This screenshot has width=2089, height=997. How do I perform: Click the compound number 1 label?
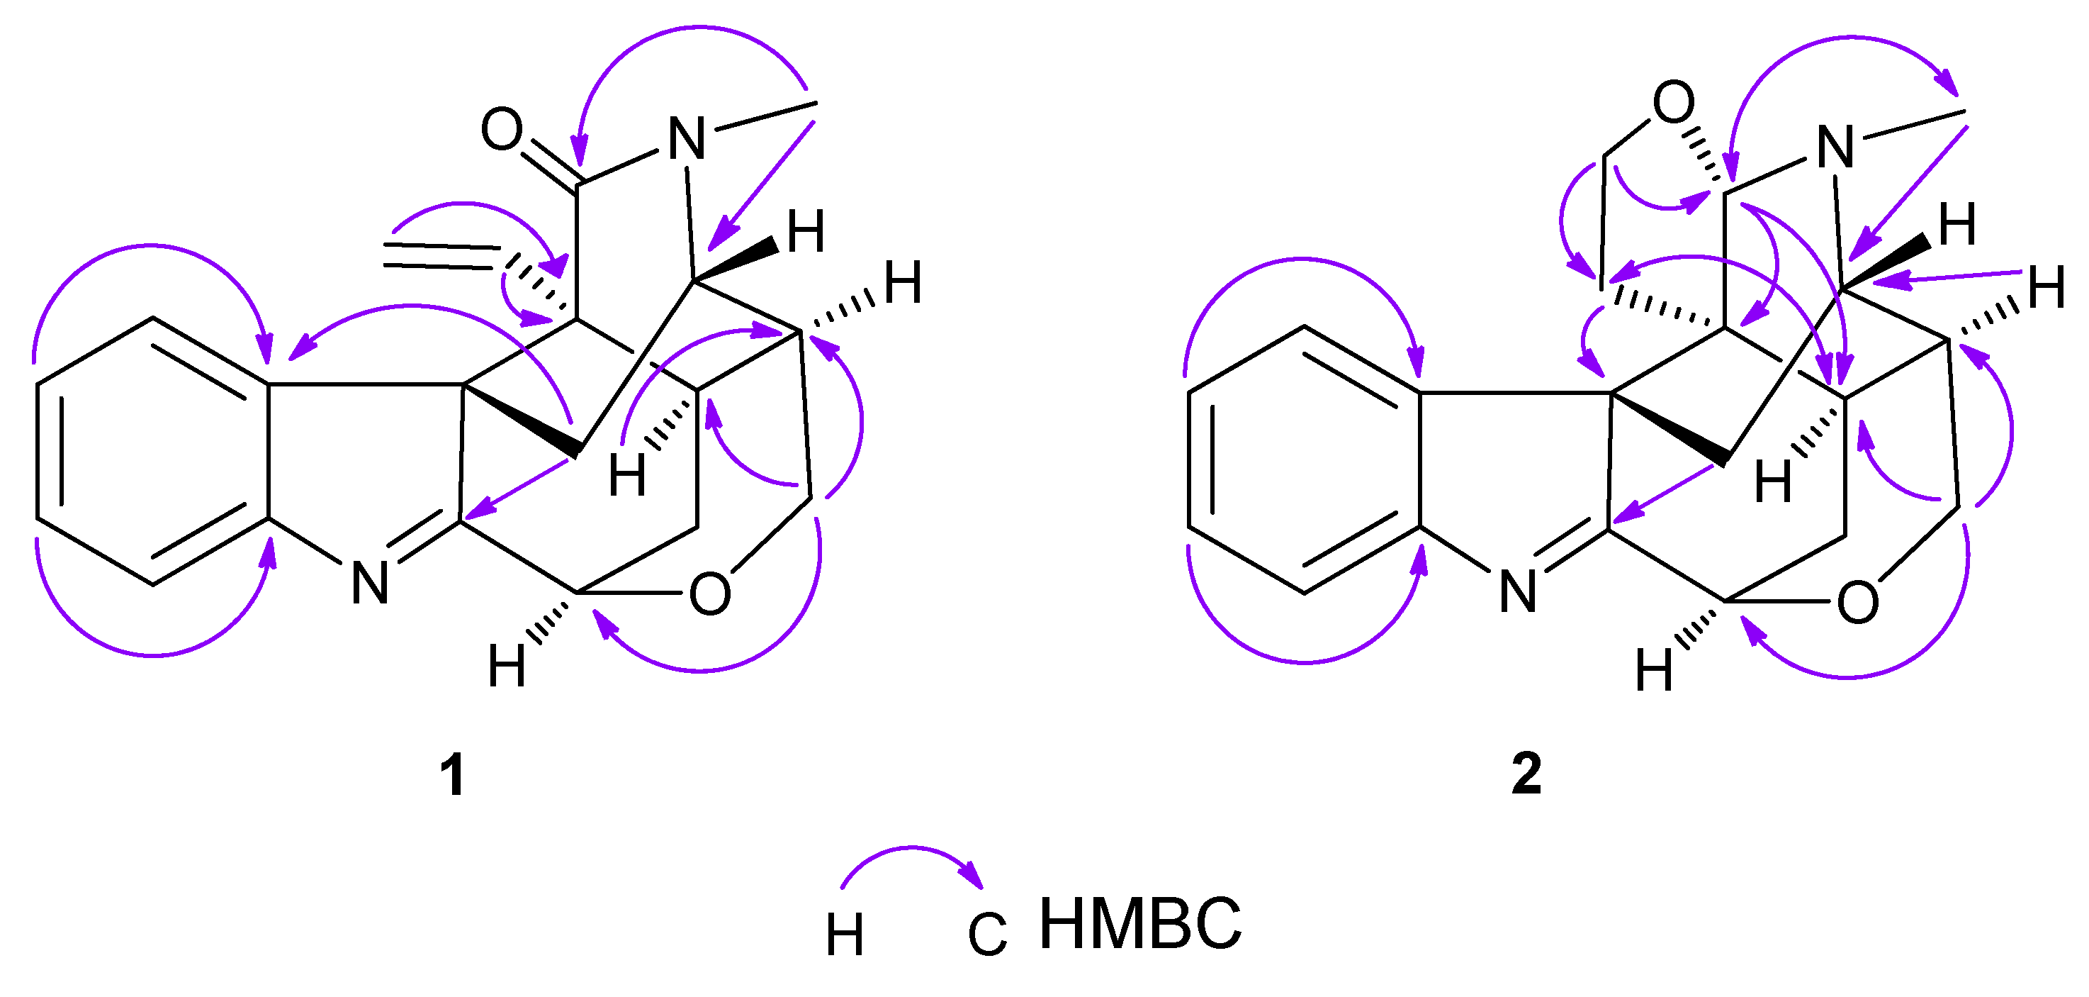click(451, 776)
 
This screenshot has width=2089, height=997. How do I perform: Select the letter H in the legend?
click(844, 935)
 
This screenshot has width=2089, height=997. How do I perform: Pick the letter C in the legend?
click(987, 935)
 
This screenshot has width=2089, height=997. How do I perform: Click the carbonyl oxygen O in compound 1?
click(501, 129)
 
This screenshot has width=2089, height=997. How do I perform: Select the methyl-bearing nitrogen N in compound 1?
click(687, 140)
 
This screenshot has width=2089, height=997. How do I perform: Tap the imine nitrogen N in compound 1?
click(370, 582)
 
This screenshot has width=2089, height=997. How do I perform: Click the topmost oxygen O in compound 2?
click(1674, 103)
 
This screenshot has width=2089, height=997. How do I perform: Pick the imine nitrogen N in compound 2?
click(1517, 591)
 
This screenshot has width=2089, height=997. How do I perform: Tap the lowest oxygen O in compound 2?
click(1858, 603)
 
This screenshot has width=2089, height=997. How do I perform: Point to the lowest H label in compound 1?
click(507, 667)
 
